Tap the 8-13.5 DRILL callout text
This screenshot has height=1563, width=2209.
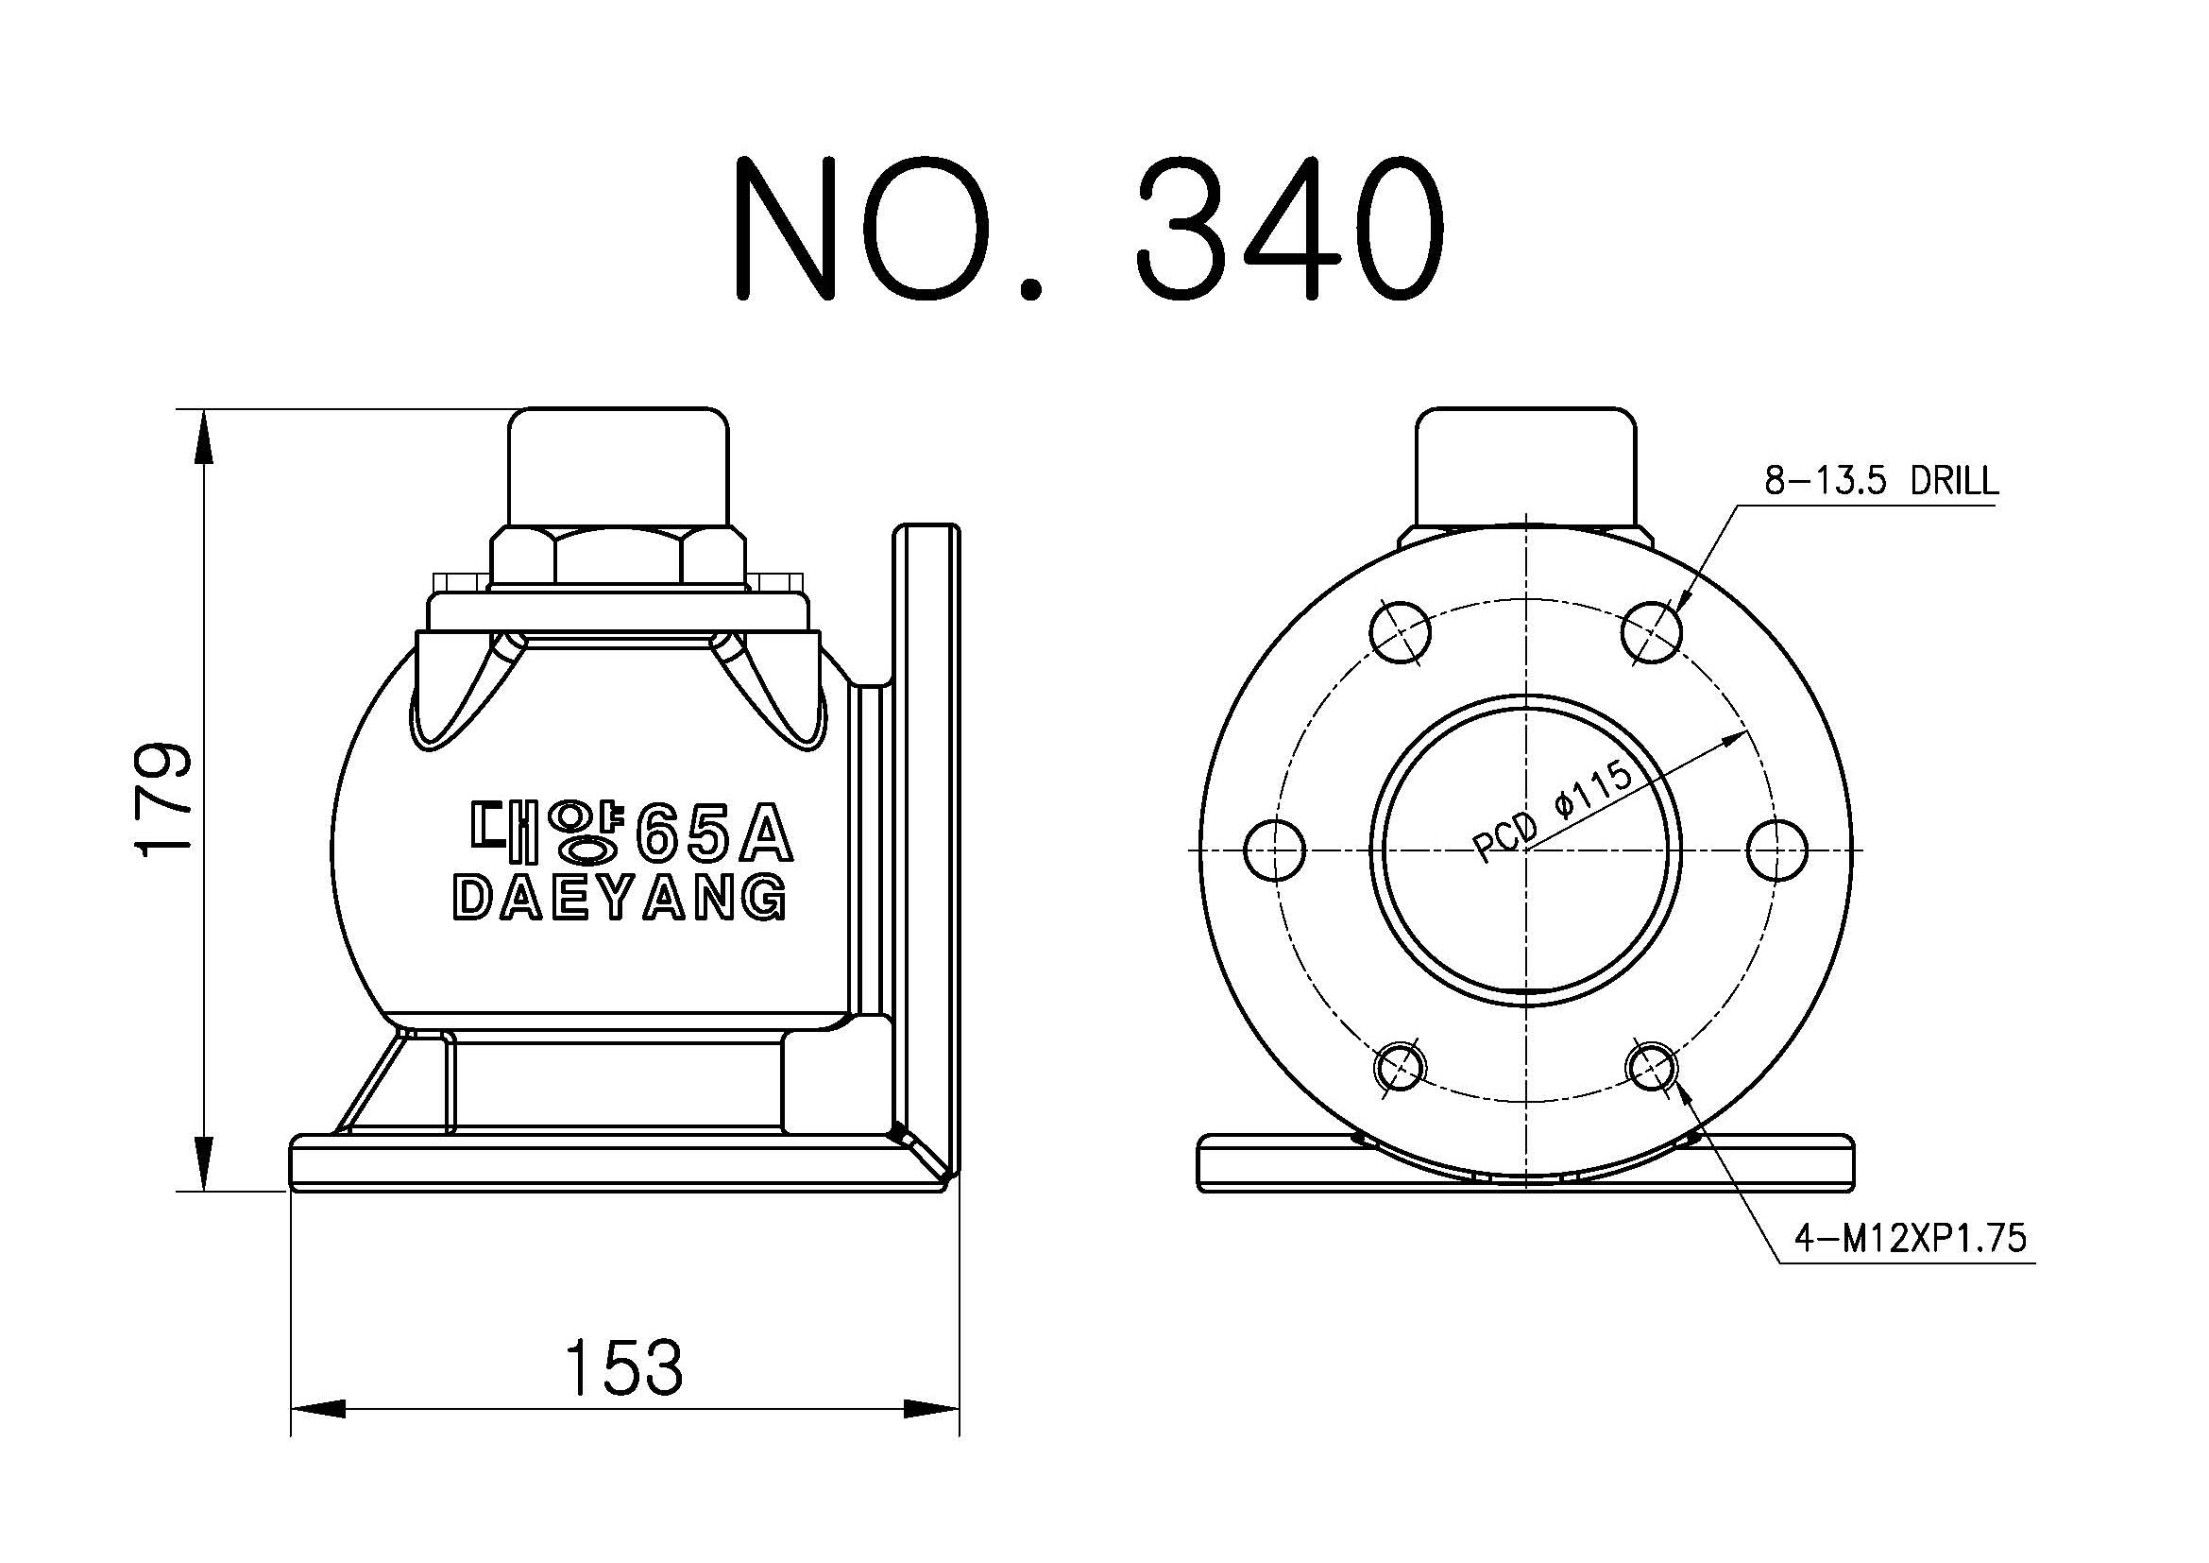pyautogui.click(x=1881, y=480)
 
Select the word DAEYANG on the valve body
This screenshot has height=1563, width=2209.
pyautogui.click(x=620, y=899)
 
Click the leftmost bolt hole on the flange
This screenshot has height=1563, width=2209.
pyautogui.click(x=1274, y=850)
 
